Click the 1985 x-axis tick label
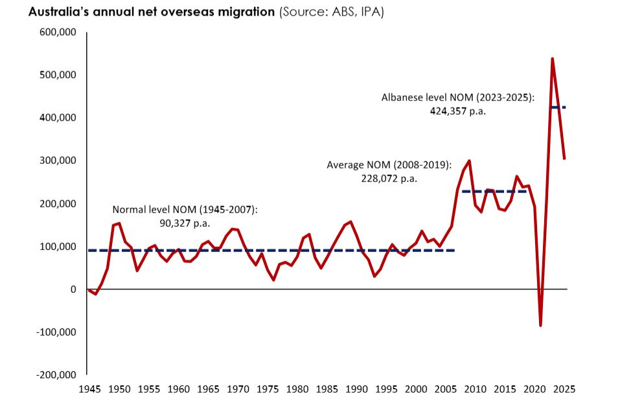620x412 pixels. pos(326,390)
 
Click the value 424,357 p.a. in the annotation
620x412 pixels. pos(457,111)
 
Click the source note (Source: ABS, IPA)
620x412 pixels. pos(331,12)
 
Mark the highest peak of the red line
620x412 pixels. pos(552,59)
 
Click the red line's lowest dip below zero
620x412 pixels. pos(540,325)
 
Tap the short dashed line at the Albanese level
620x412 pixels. pos(558,107)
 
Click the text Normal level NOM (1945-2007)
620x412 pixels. pos(185,209)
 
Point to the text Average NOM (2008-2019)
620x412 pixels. pos(388,165)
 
